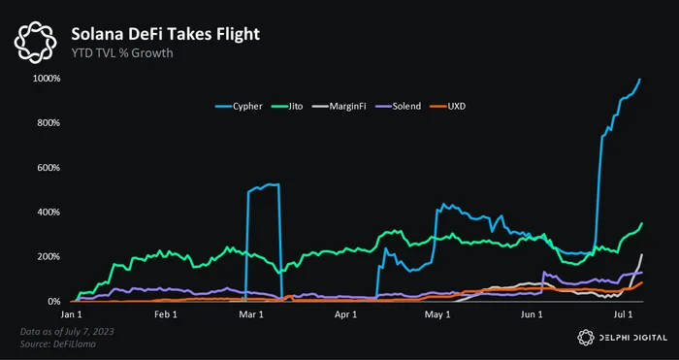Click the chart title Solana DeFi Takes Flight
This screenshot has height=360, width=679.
[166, 34]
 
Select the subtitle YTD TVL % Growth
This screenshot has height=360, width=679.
[122, 53]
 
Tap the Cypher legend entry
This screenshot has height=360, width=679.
[239, 106]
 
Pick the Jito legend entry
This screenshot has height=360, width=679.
[287, 106]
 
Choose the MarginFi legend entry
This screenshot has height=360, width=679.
[339, 106]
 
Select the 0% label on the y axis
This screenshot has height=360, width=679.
[52, 302]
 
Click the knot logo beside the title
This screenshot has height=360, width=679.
[36, 42]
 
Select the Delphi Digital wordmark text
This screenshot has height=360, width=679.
[632, 338]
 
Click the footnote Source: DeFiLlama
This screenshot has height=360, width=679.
[58, 344]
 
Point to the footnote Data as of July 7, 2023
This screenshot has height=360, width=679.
[67, 332]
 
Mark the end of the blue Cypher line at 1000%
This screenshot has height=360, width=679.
[640, 80]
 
